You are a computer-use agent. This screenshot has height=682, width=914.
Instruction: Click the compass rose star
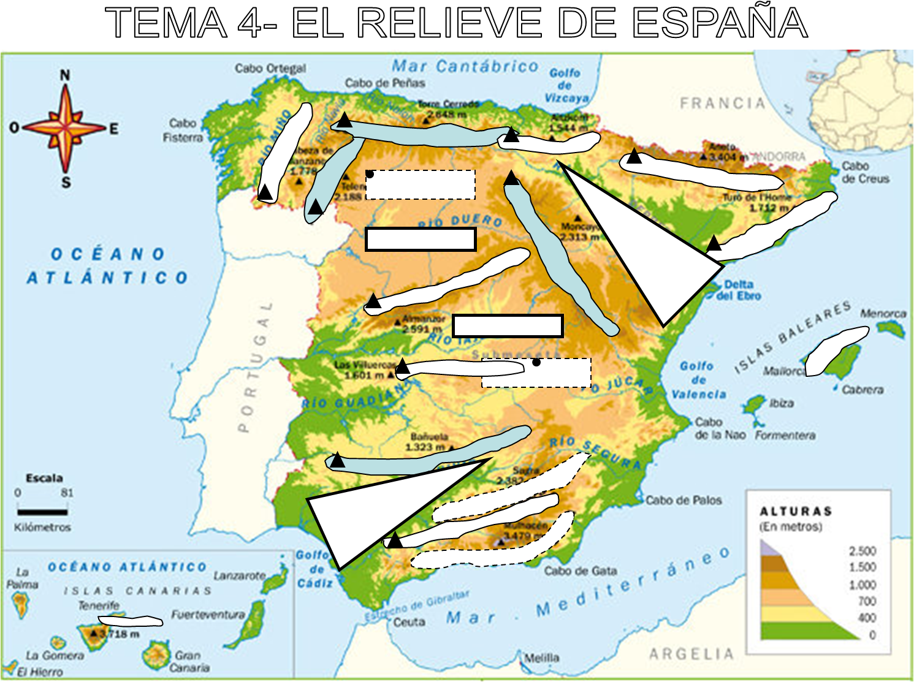click(65, 129)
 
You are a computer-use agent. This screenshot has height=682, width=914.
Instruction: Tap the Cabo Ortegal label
click(270, 68)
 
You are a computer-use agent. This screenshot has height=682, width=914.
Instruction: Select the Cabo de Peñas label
click(384, 83)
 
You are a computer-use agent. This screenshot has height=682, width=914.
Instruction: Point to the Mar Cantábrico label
click(465, 66)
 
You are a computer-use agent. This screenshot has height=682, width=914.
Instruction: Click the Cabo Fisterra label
click(183, 131)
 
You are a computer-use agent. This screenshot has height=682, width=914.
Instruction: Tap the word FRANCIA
click(723, 103)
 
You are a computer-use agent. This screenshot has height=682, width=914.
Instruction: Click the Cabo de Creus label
click(865, 172)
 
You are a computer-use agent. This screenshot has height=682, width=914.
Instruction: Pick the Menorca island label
click(883, 313)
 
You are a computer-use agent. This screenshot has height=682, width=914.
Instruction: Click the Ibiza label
click(781, 403)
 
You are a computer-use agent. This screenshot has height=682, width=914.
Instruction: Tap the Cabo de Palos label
click(684, 500)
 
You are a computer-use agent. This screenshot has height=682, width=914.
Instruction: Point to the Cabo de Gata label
click(581, 571)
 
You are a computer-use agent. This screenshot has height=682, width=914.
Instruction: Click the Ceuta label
click(409, 622)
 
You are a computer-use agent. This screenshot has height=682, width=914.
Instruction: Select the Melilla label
click(542, 658)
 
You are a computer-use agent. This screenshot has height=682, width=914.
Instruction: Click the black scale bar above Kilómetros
click(42, 512)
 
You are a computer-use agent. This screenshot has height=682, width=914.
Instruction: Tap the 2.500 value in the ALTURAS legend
click(862, 551)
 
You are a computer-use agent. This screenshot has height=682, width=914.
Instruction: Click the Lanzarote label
click(239, 575)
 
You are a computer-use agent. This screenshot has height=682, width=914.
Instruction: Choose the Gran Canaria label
click(189, 661)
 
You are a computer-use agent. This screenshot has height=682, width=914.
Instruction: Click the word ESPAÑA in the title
click(720, 23)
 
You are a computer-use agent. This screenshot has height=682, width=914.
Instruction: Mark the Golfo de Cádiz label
click(313, 569)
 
